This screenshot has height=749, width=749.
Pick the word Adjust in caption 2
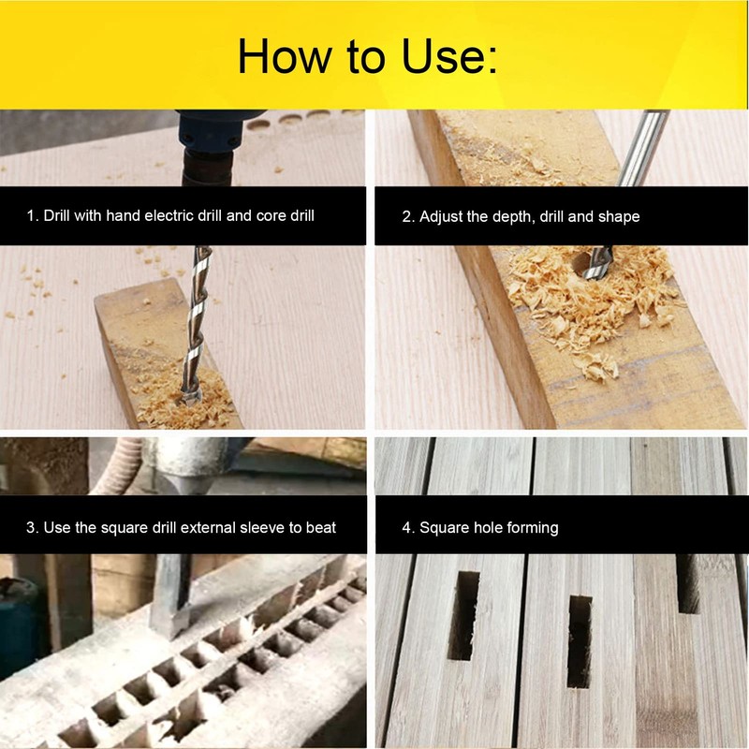441,216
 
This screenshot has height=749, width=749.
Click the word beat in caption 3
318,528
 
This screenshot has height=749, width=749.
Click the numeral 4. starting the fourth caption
408,528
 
